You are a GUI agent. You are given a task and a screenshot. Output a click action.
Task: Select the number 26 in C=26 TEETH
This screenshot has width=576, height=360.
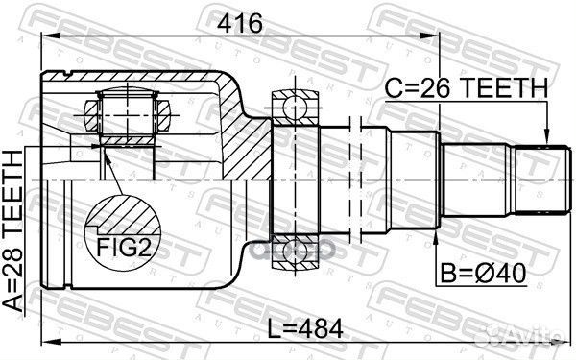click(428, 89)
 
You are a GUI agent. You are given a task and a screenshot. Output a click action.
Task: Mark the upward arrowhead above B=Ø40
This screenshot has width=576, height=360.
click(436, 233)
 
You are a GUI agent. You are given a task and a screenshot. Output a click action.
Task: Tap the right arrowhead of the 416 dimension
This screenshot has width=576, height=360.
click(434, 38)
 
